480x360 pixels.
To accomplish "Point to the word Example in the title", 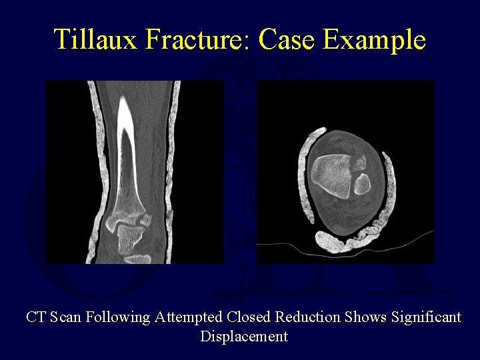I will point(374,40).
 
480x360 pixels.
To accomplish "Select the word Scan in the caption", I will point(66,317).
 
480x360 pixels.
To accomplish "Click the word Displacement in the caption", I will point(244,336).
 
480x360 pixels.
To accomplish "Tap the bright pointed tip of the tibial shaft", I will point(125,107).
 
